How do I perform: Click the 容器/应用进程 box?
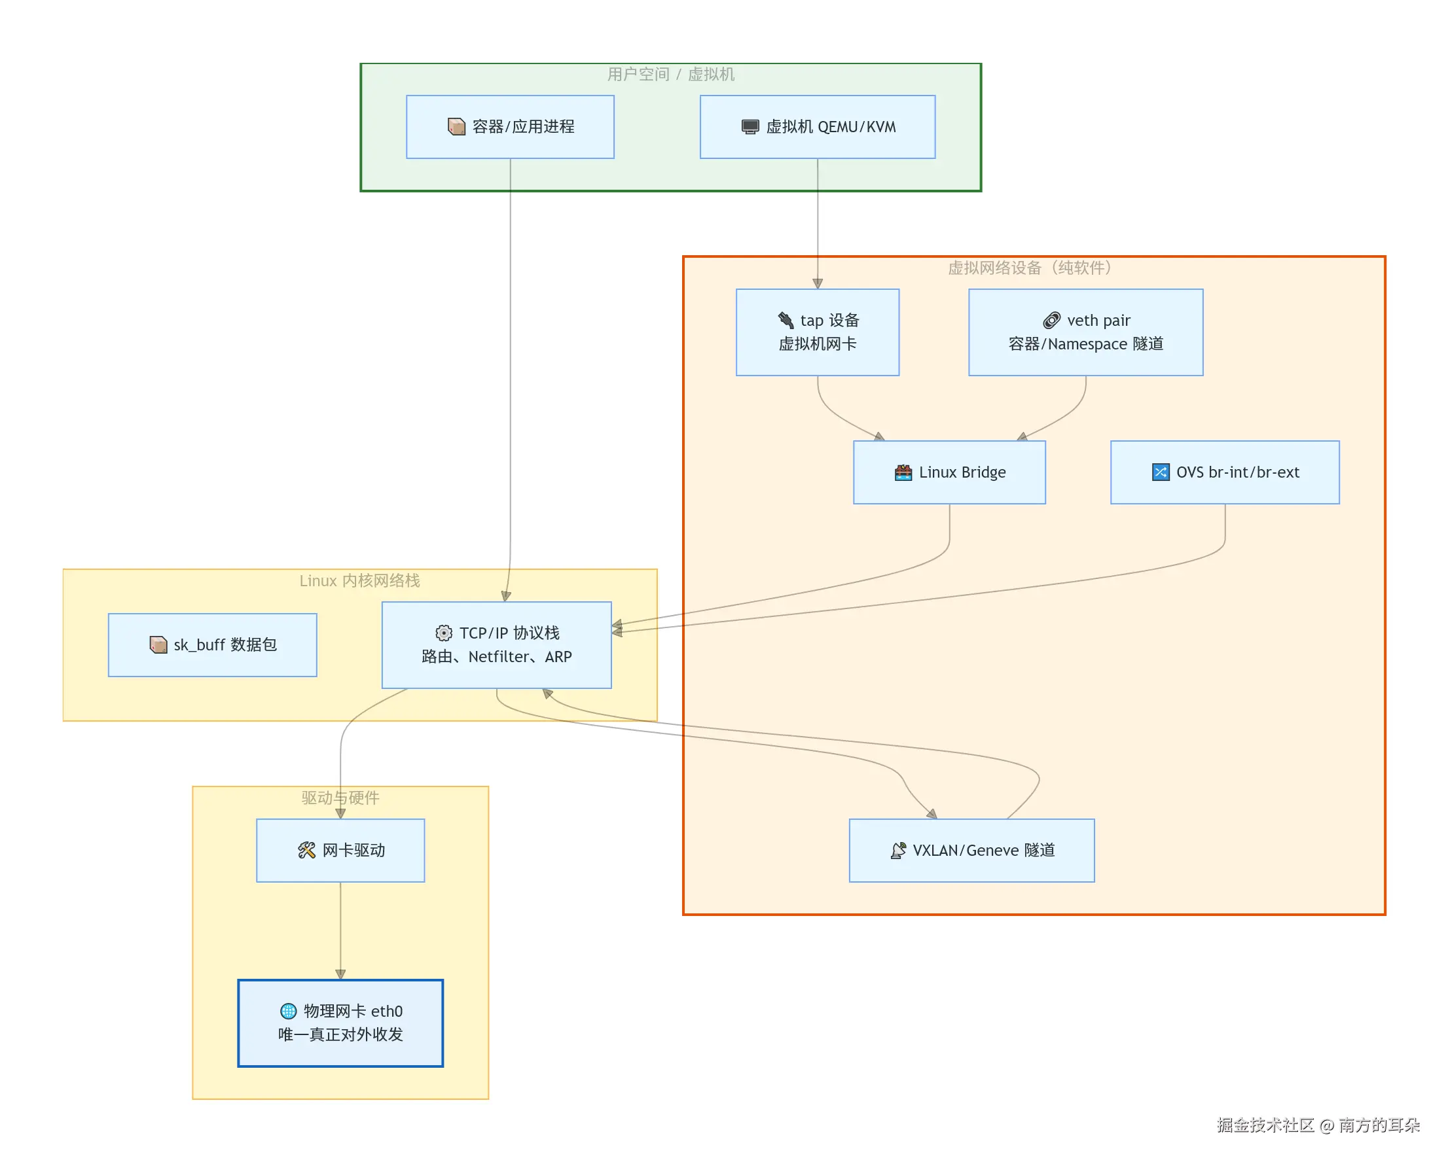(x=510, y=127)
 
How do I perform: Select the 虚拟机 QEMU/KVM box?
(x=817, y=127)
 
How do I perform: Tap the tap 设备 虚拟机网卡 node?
(x=817, y=332)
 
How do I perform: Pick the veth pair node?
(x=1085, y=332)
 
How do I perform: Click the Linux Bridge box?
(x=949, y=472)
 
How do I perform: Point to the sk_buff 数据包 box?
(x=212, y=644)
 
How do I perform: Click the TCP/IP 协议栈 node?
(x=496, y=644)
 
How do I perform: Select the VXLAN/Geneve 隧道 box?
(x=971, y=850)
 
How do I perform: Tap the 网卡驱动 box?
(x=340, y=850)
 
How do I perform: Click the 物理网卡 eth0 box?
(x=340, y=1023)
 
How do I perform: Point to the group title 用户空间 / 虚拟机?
(x=670, y=74)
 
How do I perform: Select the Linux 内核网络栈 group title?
(x=359, y=580)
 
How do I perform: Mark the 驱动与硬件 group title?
(x=340, y=798)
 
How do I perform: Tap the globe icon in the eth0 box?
(x=288, y=1010)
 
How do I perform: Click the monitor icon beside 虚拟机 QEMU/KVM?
(x=750, y=127)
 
